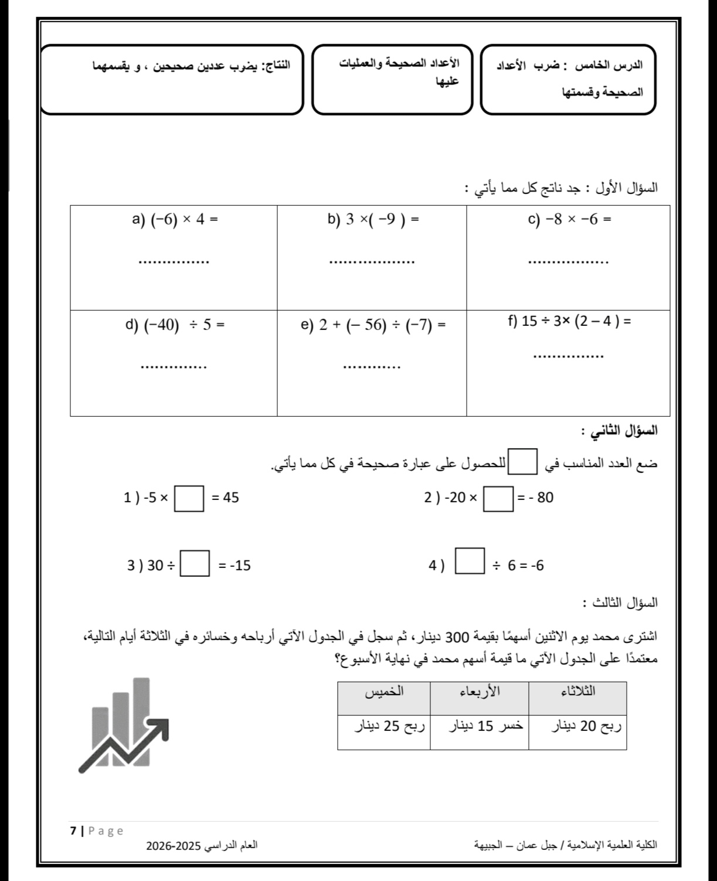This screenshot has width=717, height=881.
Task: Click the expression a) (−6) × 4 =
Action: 175,220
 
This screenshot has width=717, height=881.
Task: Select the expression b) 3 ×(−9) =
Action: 373,220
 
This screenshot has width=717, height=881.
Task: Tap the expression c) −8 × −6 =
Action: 569,220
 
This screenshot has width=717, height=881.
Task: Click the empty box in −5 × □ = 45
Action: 190,498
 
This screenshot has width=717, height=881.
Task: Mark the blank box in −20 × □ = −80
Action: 498,498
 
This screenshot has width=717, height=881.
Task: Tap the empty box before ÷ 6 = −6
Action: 470,560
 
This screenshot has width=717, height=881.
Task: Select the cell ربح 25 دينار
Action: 384,727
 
